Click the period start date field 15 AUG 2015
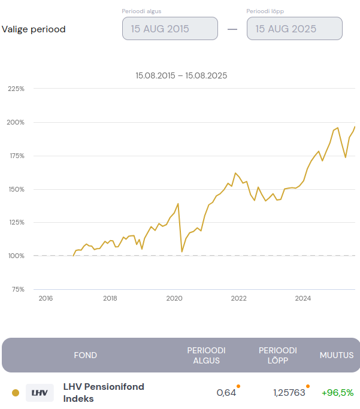(x=170, y=28)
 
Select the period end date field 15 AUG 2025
(x=294, y=28)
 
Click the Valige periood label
(x=34, y=29)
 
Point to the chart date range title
(x=181, y=75)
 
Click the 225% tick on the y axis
(x=16, y=89)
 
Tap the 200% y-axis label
(x=16, y=122)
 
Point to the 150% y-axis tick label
(x=16, y=189)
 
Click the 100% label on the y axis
(x=16, y=256)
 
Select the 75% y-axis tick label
(x=17, y=289)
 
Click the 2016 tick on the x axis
(x=46, y=298)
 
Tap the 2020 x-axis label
(x=174, y=298)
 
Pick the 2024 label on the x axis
(x=303, y=298)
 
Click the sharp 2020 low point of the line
(x=181, y=252)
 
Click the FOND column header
(x=85, y=355)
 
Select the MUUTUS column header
(x=337, y=355)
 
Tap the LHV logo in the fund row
(x=40, y=393)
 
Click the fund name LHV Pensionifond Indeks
(x=104, y=393)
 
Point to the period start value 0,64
(x=226, y=393)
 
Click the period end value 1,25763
(x=289, y=393)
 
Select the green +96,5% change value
(x=337, y=393)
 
